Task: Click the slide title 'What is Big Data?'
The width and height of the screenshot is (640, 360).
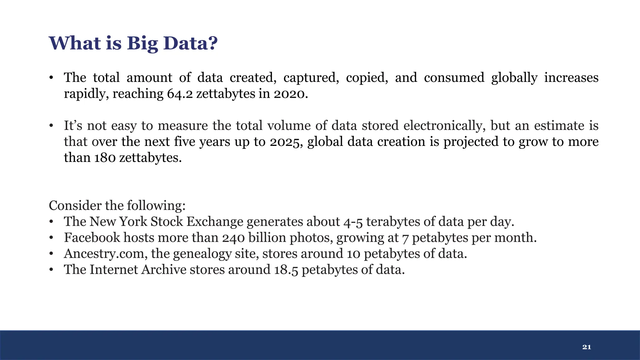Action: pyautogui.click(x=133, y=43)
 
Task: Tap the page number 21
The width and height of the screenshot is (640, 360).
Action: pyautogui.click(x=587, y=347)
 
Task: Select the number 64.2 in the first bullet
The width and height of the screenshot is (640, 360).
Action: pyautogui.click(x=180, y=94)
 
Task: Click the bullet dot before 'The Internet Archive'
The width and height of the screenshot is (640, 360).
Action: pyautogui.click(x=51, y=269)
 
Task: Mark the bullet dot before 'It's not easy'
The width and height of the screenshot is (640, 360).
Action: pyautogui.click(x=51, y=126)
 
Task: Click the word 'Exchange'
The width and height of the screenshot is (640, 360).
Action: pyautogui.click(x=215, y=222)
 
